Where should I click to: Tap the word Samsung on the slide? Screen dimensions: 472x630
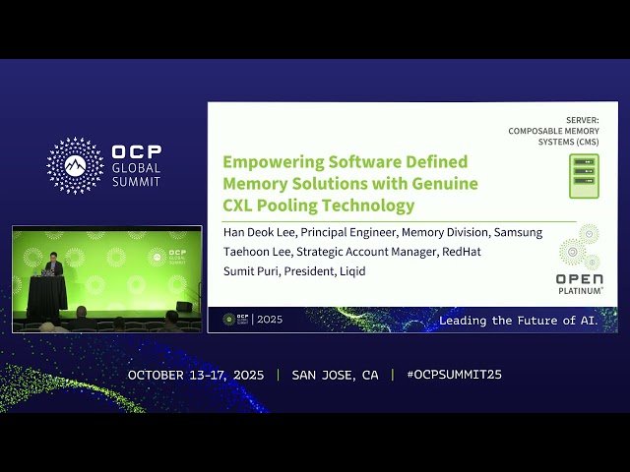pos(517,233)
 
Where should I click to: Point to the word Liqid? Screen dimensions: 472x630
pos(350,270)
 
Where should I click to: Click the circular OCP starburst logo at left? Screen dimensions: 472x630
pos(75,165)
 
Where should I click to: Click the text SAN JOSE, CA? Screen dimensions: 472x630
pos(335,375)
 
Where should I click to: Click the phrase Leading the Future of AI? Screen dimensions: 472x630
pos(518,321)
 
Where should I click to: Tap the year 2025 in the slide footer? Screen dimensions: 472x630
pos(270,320)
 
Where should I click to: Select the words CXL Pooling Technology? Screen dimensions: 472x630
pos(319,206)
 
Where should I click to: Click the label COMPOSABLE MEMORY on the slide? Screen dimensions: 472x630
pos(553,131)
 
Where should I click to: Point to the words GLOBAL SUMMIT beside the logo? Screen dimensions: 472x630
pos(136,174)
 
